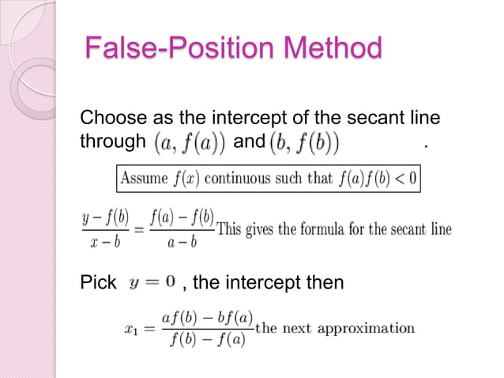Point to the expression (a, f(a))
coord(189,143)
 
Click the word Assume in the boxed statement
coord(141,179)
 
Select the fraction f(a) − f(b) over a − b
coord(182,229)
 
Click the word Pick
coord(98,282)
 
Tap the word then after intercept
coord(325,282)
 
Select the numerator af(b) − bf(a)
coord(208,319)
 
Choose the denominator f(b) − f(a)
coord(208,342)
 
